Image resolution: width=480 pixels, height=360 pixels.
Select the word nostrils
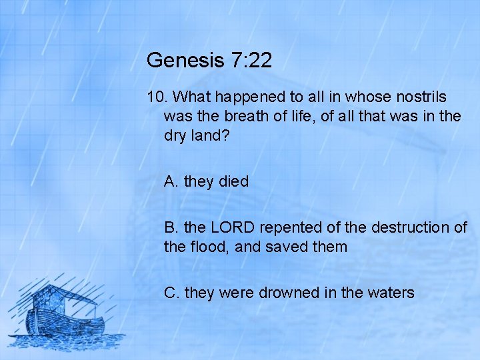(x=419, y=97)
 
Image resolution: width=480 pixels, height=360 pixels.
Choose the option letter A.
(x=171, y=181)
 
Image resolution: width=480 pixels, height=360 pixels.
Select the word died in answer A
(x=233, y=181)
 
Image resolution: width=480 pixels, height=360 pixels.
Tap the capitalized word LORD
(x=234, y=227)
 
